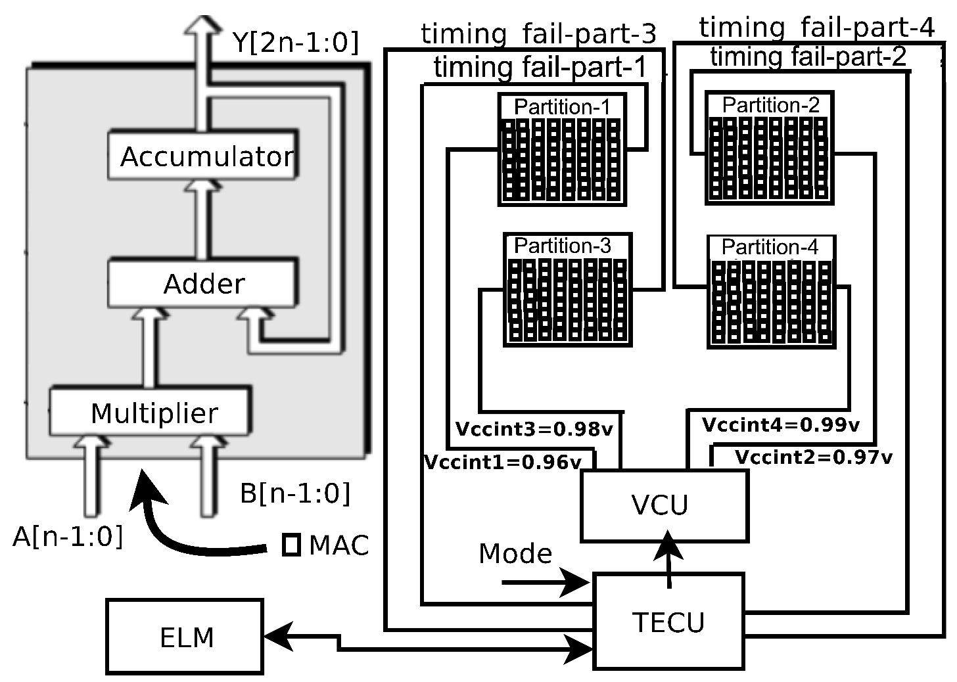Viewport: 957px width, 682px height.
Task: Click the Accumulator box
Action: click(x=203, y=156)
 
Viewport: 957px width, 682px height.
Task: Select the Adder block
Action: click(x=203, y=283)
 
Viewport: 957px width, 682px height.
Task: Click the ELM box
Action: click(x=185, y=637)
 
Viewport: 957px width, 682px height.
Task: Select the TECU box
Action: click(x=668, y=621)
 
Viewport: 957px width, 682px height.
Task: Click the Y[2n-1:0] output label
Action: click(x=296, y=43)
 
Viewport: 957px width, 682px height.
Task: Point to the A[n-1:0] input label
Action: click(x=68, y=537)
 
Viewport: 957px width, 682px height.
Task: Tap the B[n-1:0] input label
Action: click(x=295, y=493)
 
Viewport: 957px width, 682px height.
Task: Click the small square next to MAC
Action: click(x=291, y=545)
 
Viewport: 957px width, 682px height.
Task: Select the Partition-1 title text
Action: click(x=561, y=106)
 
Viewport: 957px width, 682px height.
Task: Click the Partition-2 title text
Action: click(x=770, y=104)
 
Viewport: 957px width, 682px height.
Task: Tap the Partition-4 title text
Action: click(x=770, y=247)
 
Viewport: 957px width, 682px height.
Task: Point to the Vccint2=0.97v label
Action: click(x=813, y=457)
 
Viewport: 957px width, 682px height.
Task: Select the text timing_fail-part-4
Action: click(x=816, y=28)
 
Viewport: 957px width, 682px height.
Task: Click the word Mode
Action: click(x=515, y=553)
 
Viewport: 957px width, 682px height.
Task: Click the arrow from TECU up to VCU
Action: click(x=669, y=558)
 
